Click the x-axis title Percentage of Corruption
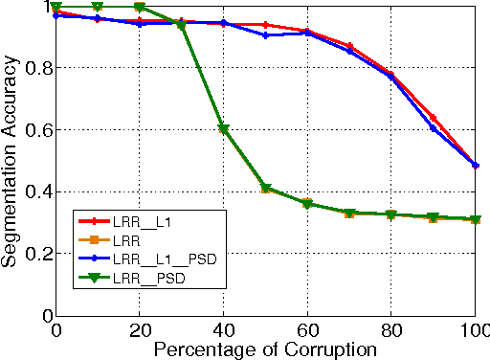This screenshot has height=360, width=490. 263,349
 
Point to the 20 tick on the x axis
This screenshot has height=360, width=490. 139,328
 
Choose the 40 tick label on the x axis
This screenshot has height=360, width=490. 223,328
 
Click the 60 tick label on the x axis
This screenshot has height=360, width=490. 307,328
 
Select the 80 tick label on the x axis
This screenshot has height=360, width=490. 390,328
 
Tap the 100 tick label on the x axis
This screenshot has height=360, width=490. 474,328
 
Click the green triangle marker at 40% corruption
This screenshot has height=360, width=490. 223,129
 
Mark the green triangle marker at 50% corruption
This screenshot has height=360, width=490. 265,189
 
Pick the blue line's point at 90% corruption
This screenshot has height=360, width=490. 433,128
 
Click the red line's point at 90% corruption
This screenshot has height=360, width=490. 433,118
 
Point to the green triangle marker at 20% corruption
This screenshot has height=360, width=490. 139,8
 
